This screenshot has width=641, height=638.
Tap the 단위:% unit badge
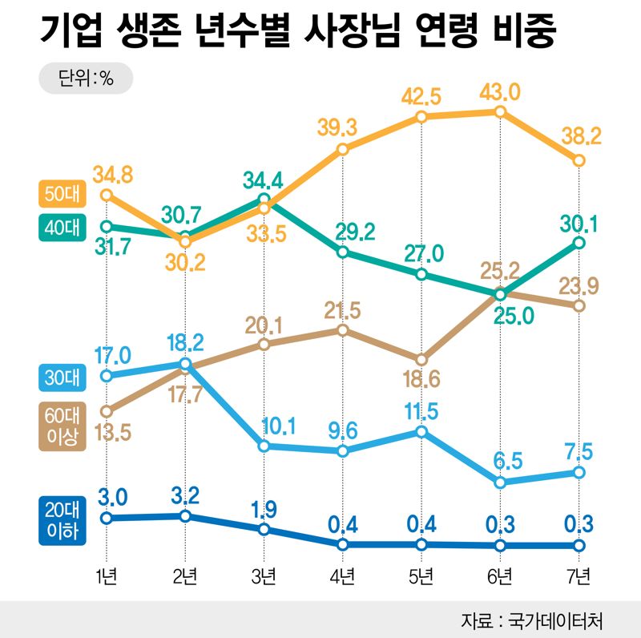(x=85, y=79)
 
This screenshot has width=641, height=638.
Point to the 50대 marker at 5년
(x=421, y=117)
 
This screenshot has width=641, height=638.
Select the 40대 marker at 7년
(x=579, y=242)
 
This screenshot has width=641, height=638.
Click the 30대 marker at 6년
(x=500, y=483)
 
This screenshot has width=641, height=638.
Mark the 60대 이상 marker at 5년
(x=421, y=359)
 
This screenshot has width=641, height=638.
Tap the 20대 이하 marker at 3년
(x=264, y=529)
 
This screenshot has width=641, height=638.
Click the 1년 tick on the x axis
(x=106, y=575)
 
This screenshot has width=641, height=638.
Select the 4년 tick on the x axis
(x=342, y=575)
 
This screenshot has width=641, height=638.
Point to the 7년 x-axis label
(x=579, y=575)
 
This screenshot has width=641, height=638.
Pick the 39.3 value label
(x=341, y=127)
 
